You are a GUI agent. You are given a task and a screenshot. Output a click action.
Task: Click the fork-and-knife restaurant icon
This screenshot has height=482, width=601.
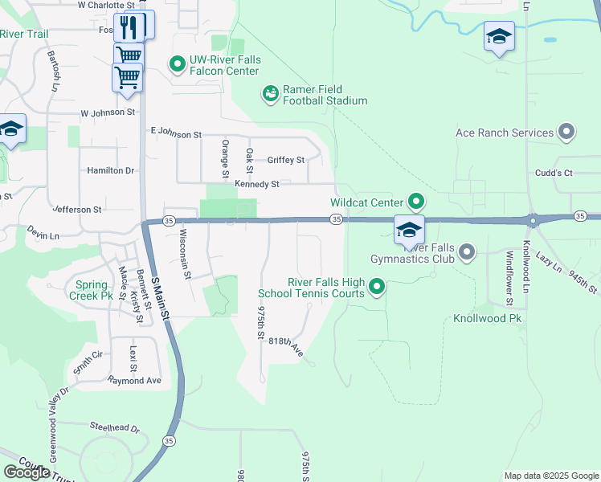[129, 27]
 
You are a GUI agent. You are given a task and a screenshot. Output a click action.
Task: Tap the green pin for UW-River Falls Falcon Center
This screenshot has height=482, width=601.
[177, 62]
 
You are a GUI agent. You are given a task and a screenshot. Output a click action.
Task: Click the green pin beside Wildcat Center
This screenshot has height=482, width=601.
[416, 201]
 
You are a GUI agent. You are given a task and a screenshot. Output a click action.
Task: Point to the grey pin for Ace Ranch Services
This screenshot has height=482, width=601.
[566, 133]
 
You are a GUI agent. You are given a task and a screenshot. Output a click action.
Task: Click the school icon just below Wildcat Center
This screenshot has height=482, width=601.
[409, 230]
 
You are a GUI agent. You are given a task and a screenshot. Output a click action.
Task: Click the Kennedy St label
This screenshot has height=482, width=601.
[256, 184]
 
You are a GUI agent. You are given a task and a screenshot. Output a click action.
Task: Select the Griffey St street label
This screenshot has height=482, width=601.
[286, 160]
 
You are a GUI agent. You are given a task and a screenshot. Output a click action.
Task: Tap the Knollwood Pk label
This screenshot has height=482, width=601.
[487, 318]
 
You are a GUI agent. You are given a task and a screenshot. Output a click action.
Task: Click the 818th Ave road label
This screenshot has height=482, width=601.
[285, 346]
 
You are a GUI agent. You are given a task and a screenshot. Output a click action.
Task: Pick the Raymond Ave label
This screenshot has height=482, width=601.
[134, 380]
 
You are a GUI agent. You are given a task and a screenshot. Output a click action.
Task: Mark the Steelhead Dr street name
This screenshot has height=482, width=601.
[114, 429]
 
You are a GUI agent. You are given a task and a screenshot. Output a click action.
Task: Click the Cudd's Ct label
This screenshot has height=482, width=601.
[554, 173]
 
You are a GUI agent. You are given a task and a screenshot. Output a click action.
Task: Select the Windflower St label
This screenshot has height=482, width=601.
[509, 279]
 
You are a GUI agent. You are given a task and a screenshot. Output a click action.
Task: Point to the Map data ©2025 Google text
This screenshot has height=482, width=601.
[550, 476]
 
